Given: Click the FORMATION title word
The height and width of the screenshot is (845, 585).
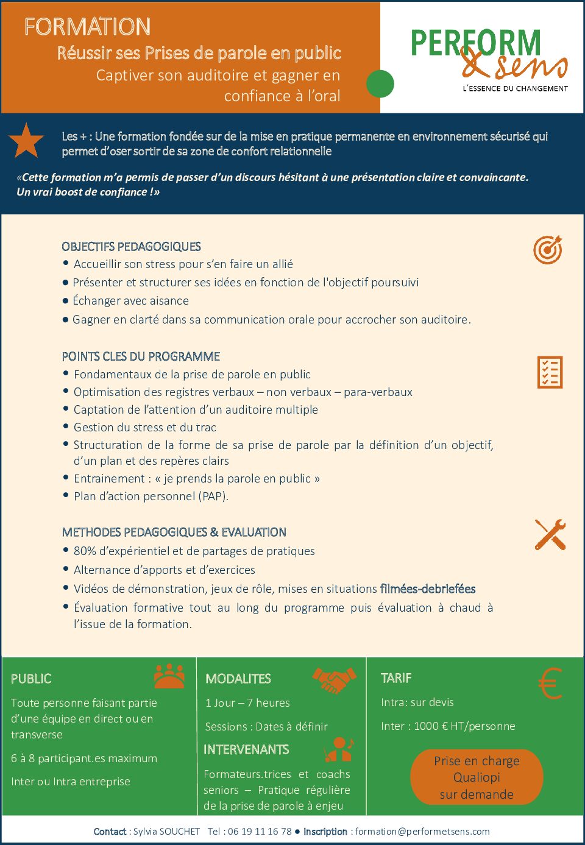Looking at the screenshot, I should (x=87, y=27).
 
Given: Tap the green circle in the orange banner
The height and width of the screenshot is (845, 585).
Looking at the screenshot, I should (x=380, y=84).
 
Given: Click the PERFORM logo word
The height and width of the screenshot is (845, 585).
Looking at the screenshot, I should (x=475, y=43).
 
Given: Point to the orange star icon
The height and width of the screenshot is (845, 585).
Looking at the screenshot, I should (x=26, y=141).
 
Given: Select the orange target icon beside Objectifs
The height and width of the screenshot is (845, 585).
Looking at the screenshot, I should (x=548, y=250).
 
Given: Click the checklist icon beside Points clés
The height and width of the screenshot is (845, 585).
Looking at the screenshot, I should (x=550, y=372).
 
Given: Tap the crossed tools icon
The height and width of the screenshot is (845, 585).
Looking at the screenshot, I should (x=550, y=535).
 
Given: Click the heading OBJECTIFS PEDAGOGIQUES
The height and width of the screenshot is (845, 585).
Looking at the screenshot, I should (x=131, y=247).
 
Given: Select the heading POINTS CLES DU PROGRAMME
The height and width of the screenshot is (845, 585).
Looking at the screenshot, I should (x=141, y=356).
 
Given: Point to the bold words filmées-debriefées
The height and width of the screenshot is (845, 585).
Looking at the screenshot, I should (x=428, y=589).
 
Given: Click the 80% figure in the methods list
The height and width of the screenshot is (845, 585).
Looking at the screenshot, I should (x=85, y=551).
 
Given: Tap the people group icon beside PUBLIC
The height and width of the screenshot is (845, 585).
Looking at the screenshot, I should (x=169, y=676).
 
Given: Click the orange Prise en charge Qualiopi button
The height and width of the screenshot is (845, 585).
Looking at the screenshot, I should (x=477, y=777).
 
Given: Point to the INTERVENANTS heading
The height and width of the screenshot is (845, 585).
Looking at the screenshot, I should (x=246, y=749).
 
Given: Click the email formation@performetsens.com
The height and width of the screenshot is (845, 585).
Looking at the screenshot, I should (x=422, y=831).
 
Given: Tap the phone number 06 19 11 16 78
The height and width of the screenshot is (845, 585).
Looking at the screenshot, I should (x=260, y=831).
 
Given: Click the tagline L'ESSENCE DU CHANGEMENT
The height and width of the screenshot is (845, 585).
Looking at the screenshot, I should (x=515, y=88).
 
